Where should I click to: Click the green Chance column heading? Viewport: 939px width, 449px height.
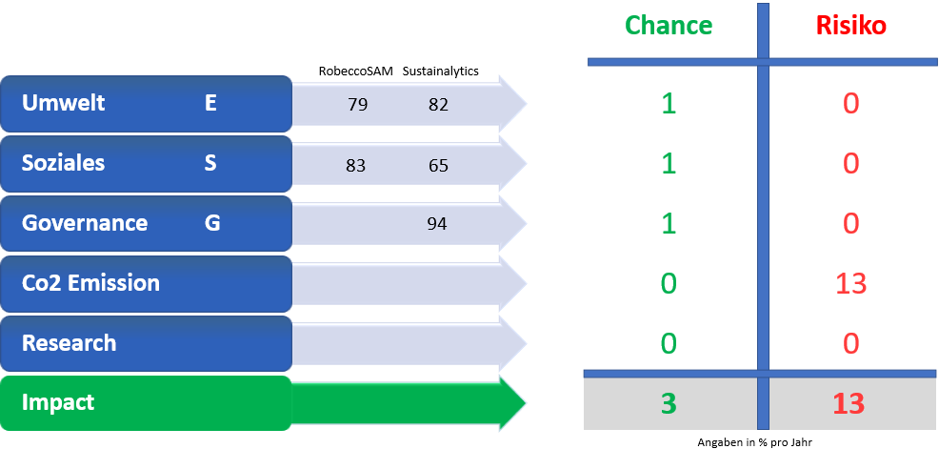669,25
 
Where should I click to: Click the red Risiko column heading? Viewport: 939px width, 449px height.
849,25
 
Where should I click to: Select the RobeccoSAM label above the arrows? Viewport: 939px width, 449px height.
356,71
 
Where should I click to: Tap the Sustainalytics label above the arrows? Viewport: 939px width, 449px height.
441,71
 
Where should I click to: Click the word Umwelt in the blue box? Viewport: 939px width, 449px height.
64,103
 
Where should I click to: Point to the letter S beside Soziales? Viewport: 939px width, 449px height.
210,163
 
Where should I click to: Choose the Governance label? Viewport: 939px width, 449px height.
85,223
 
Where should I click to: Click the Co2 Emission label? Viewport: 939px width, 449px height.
91,283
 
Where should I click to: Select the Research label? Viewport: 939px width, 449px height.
69,343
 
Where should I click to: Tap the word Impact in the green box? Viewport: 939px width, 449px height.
58,403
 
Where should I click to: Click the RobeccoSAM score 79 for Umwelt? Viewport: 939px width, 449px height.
357,105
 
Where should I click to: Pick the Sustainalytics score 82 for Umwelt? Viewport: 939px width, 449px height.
438,105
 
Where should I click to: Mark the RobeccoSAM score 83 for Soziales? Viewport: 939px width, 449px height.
356,165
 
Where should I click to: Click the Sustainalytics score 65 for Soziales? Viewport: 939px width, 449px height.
438,165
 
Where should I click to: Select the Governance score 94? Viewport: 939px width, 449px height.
437,224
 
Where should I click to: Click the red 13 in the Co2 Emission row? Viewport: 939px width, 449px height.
849,283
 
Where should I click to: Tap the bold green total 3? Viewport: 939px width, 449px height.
669,404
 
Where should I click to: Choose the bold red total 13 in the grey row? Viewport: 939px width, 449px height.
849,404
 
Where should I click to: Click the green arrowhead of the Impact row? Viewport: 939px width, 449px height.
512,403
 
